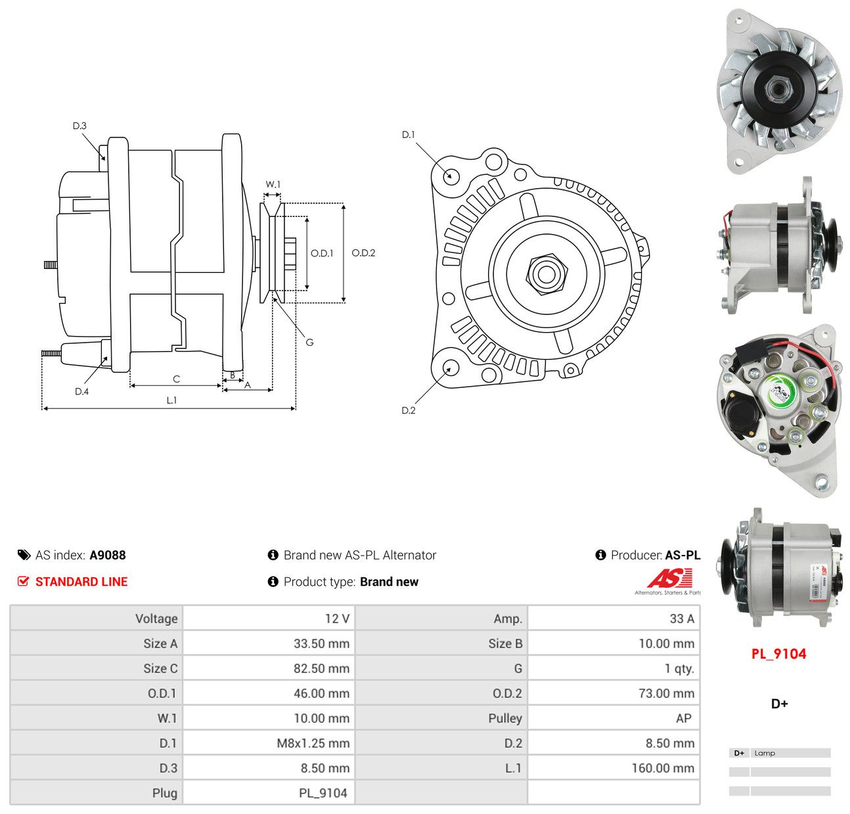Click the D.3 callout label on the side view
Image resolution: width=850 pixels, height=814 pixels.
tap(79, 126)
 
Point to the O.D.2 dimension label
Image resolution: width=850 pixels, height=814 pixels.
tap(363, 252)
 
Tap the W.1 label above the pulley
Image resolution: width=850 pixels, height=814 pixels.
tap(273, 185)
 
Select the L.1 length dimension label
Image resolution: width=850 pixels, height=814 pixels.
tap(171, 400)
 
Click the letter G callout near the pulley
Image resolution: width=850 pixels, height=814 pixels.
tap(309, 343)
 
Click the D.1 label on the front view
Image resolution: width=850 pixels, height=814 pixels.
tap(409, 135)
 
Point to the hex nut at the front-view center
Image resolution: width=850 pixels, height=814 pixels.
tap(547, 274)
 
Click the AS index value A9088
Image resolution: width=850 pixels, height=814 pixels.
tap(108, 555)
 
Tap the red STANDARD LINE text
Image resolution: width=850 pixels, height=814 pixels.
tap(81, 582)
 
